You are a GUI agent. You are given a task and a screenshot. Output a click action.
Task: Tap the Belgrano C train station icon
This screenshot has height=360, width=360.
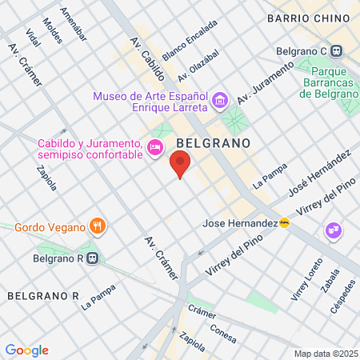[x=338, y=51]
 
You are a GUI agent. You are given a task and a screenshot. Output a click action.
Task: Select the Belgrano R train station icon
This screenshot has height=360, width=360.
[x=94, y=258]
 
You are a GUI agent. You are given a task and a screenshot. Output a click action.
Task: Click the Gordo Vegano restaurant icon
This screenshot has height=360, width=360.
[x=98, y=226]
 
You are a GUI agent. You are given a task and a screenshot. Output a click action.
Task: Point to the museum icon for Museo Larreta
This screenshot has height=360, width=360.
[x=221, y=101]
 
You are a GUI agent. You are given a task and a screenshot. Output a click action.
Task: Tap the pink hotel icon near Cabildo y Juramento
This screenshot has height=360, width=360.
[x=156, y=146]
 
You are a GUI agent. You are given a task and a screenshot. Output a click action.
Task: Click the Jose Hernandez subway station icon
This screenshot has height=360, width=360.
[x=284, y=223]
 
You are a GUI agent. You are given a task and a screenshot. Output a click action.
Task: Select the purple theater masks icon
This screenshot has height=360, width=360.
[x=332, y=231]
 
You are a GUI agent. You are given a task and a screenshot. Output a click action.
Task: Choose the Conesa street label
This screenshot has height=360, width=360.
[x=222, y=327]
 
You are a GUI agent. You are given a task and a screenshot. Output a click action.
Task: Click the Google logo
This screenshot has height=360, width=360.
[x=27, y=350]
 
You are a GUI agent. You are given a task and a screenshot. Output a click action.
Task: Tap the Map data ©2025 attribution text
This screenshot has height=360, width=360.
[x=324, y=354]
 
